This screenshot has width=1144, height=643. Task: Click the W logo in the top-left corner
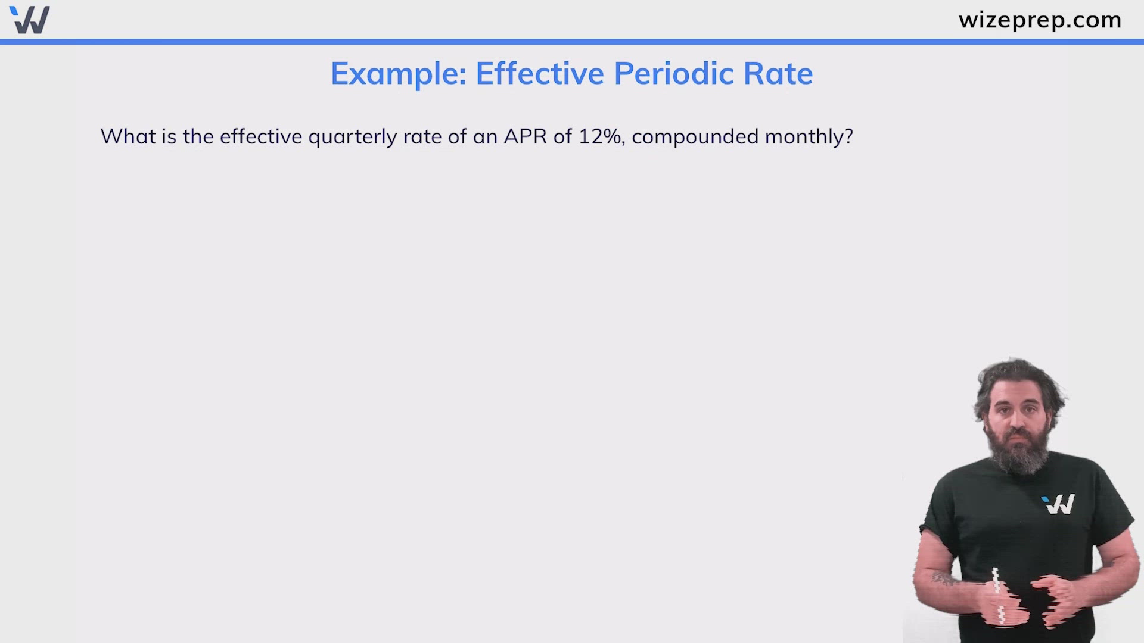tap(30, 20)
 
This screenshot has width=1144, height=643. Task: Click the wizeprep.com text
tap(1040, 20)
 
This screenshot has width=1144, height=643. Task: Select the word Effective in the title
tap(540, 74)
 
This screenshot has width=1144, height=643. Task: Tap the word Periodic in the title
tap(674, 74)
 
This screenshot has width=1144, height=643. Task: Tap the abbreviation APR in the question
tap(525, 136)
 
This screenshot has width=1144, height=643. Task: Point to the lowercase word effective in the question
tap(261, 136)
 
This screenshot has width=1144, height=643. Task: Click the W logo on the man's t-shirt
tap(1059, 504)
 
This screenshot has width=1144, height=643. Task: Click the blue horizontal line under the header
tap(572, 42)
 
